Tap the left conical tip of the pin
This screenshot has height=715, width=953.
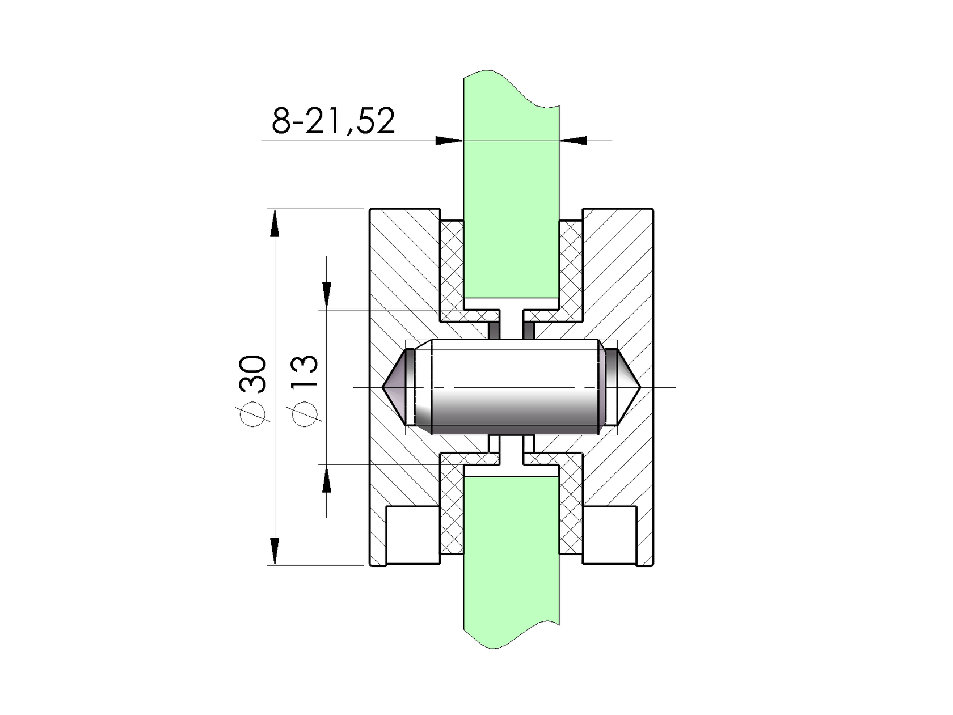pos(397,387)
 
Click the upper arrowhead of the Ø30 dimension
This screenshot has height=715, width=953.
pos(275,222)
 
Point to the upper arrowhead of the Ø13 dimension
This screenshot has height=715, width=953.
pos(327,295)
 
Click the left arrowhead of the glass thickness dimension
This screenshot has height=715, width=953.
pos(448,140)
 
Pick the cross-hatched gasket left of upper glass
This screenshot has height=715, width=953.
pos(452,266)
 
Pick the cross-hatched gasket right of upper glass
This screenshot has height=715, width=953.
pos(571,266)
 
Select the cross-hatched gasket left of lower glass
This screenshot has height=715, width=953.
pos(452,510)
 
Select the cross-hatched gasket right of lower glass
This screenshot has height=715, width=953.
pos(571,510)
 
